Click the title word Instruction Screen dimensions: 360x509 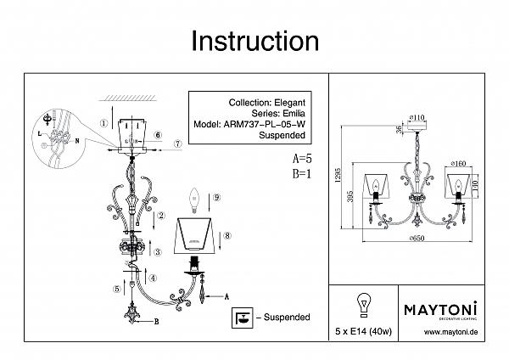[x=255, y=40]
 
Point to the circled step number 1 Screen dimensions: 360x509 [x=103, y=122]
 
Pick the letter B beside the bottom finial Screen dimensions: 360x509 [x=158, y=321]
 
